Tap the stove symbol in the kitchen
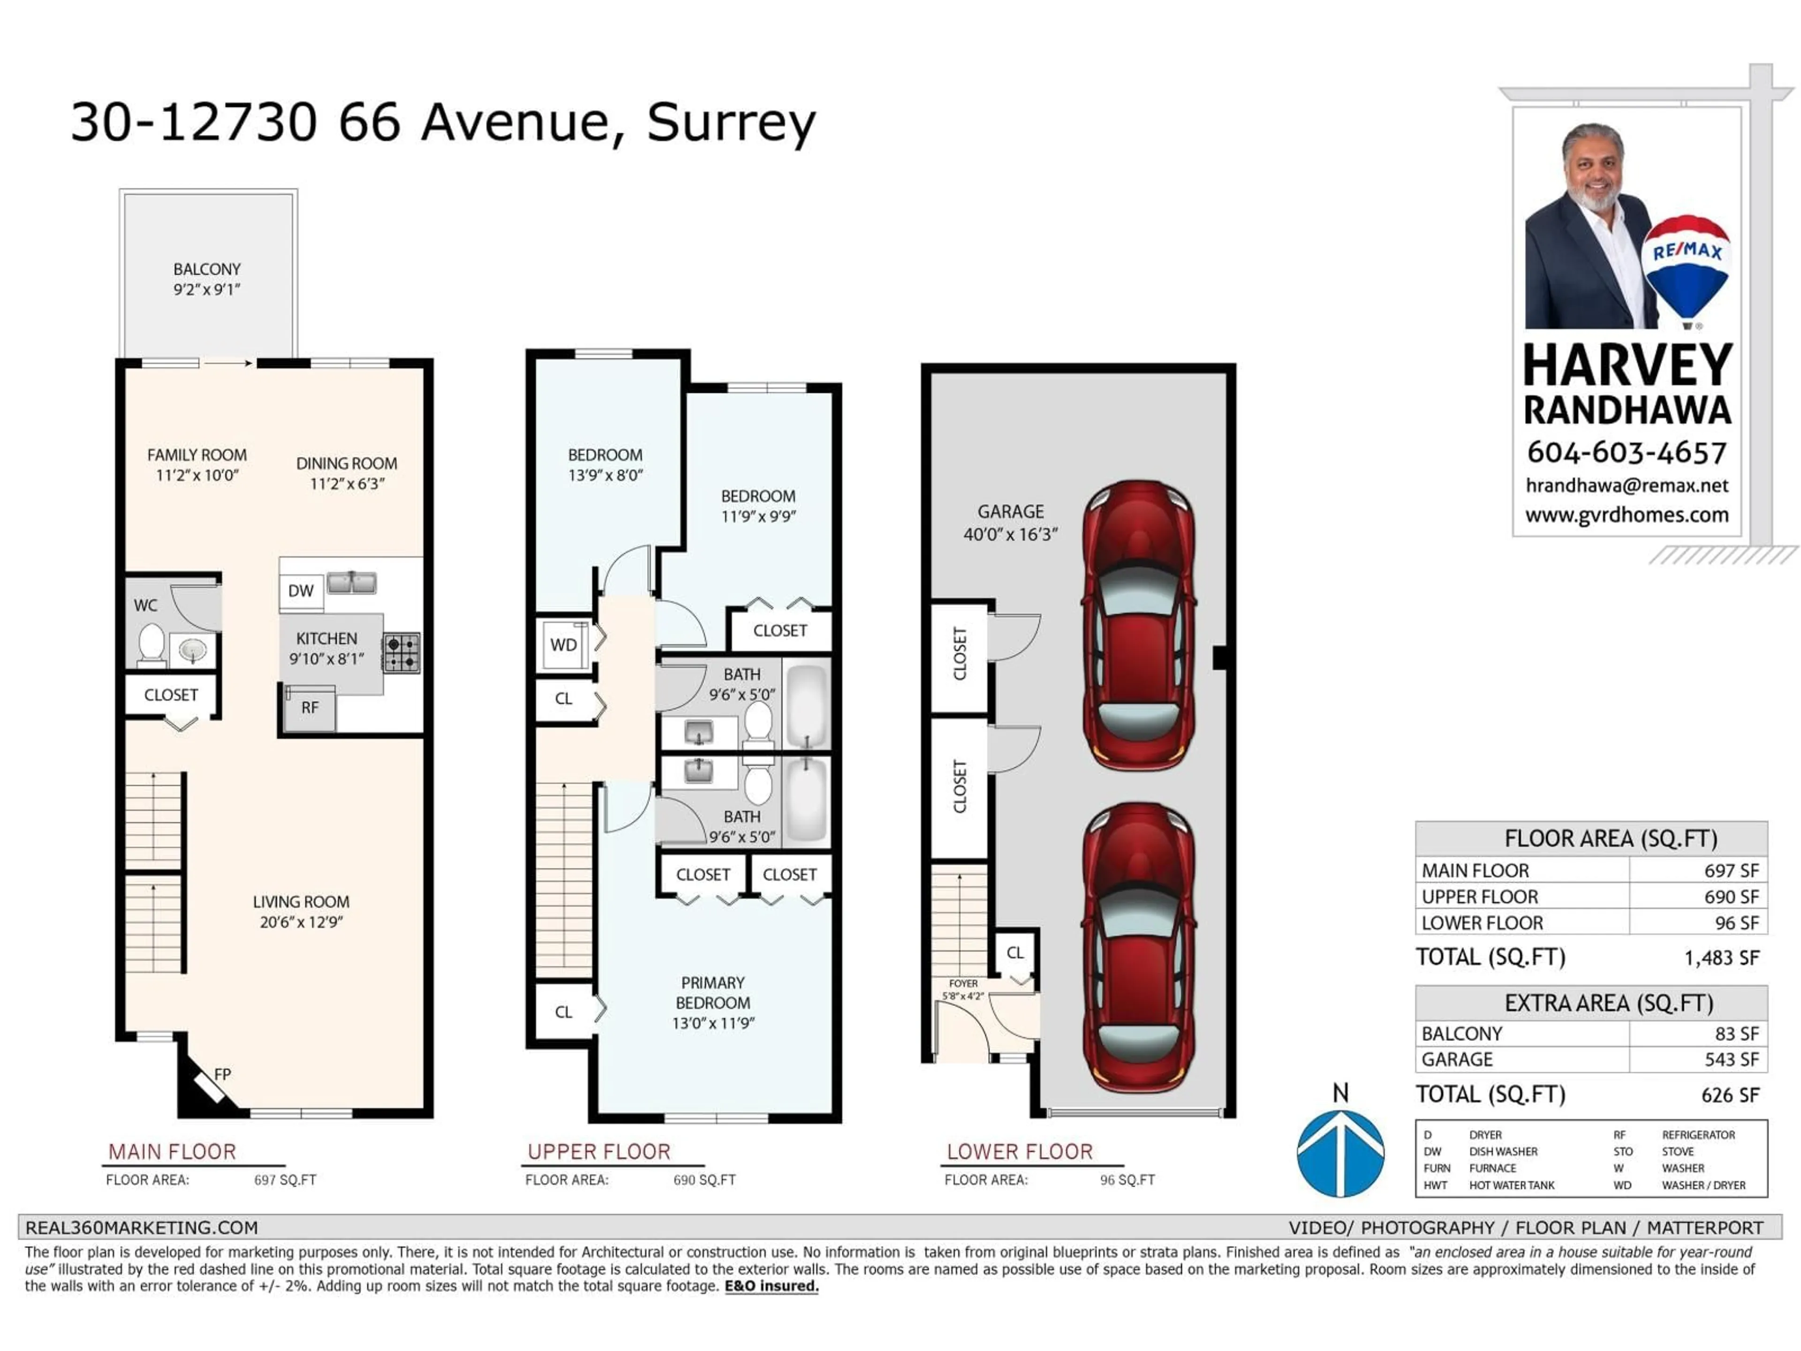[401, 653]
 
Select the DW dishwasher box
[301, 591]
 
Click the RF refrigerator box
[310, 708]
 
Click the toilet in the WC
[151, 643]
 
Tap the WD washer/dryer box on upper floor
[563, 645]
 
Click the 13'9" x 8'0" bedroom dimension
[605, 476]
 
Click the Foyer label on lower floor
[963, 984]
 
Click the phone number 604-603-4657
[1626, 453]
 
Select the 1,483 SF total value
[1721, 958]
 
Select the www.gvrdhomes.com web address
[1626, 515]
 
